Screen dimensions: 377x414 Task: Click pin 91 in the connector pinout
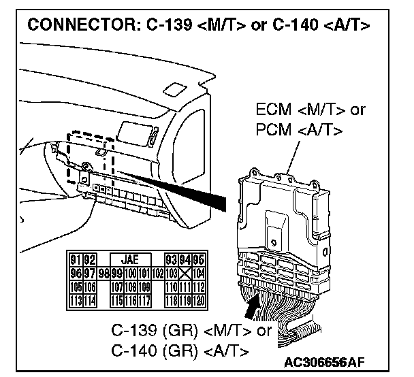coord(75,259)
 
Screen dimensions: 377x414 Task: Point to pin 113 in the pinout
coord(75,299)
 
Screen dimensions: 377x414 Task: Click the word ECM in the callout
coord(272,110)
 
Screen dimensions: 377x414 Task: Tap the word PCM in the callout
coord(272,129)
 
